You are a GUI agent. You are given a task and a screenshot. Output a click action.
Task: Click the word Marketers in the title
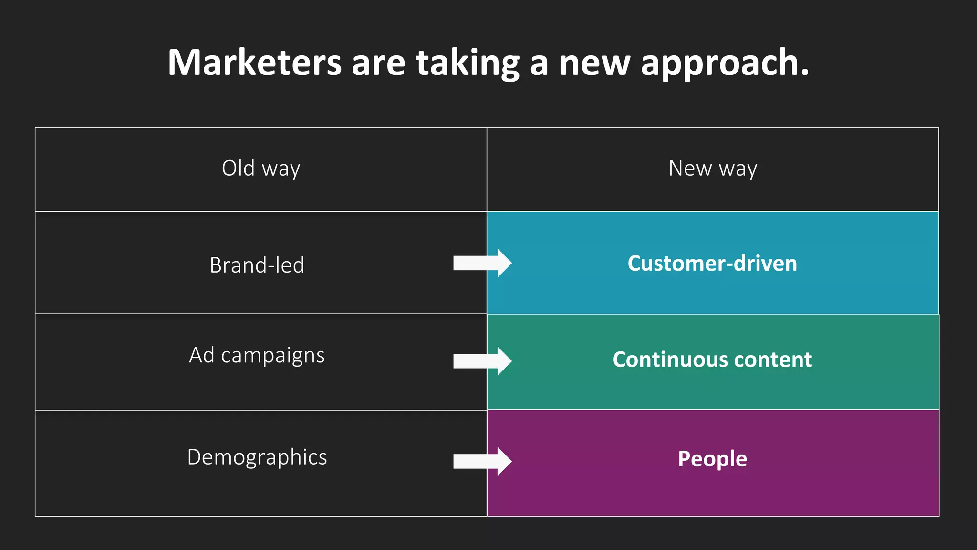[255, 63]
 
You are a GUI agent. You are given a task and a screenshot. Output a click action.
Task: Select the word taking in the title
[468, 63]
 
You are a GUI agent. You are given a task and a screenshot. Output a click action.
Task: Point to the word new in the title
[594, 63]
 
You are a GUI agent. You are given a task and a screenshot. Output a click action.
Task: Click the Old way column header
[261, 169]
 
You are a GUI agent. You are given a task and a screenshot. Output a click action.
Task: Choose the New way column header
[713, 169]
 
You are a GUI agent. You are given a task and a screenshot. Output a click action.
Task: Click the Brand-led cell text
[257, 265]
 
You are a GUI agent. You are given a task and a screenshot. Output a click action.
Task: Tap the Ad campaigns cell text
[257, 356]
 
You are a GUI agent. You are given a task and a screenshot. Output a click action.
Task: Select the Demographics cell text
[257, 457]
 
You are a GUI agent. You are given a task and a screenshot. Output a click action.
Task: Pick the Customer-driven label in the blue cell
[712, 264]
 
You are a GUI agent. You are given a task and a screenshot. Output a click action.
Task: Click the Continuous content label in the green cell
[712, 360]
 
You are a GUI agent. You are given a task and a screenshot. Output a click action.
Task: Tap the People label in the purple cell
[712, 459]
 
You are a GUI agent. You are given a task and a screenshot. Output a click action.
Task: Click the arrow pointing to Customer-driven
[482, 263]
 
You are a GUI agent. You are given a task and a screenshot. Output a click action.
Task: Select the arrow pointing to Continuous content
[482, 361]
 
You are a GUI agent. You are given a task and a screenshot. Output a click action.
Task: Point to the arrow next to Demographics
[482, 461]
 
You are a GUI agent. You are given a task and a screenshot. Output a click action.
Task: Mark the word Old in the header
[238, 168]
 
